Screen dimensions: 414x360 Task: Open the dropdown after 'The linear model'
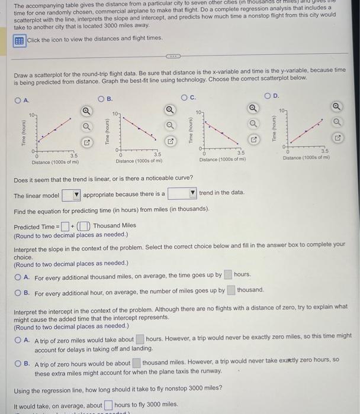tap(70, 195)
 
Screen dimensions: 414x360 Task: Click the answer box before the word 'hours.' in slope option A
tap(228, 274)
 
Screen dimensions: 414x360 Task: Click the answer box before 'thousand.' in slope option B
tap(232, 290)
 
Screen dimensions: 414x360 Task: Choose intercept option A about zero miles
tap(20, 339)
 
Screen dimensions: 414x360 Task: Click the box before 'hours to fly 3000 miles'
tap(108, 405)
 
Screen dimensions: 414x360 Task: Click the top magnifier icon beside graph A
tap(86, 110)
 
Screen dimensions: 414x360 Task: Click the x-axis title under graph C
tap(222, 159)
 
